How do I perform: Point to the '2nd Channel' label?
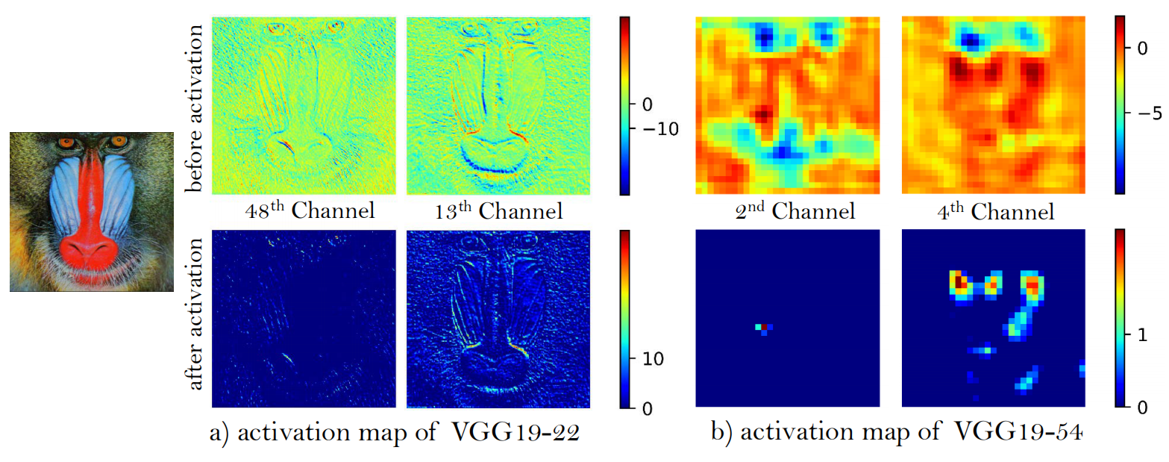click(x=793, y=212)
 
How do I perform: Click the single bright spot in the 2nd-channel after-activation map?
click(x=764, y=327)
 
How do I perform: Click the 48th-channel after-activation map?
click(x=304, y=318)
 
